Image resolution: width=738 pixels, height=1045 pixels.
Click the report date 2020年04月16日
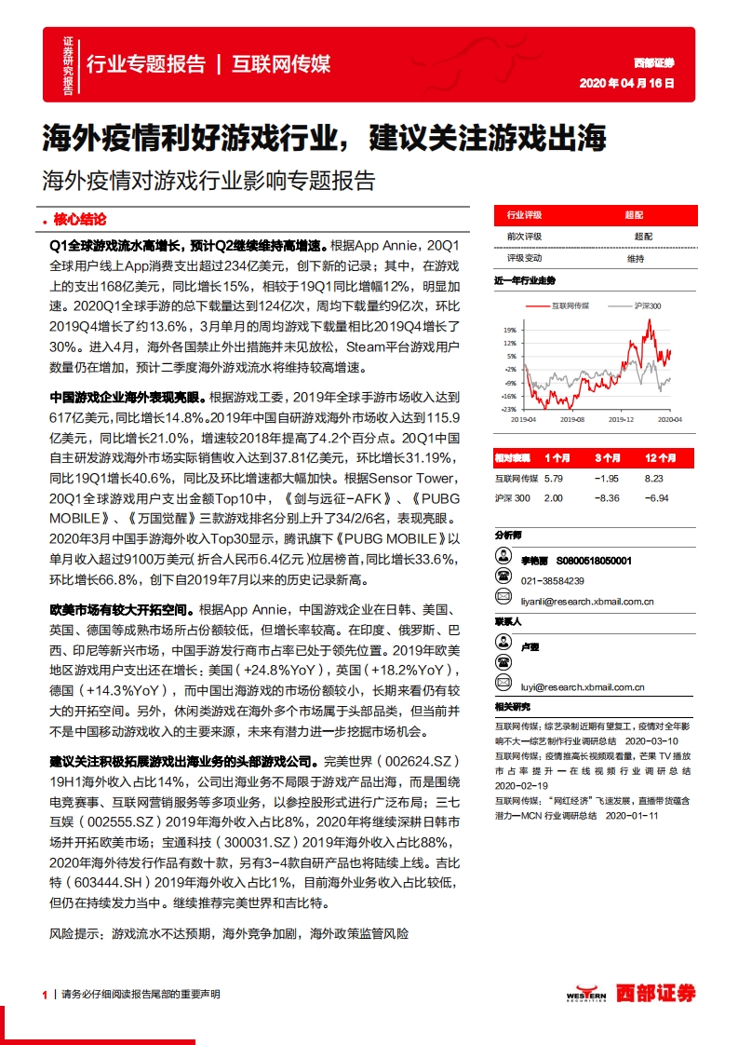[x=625, y=83]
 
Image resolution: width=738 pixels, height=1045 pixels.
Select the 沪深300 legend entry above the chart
[x=646, y=306]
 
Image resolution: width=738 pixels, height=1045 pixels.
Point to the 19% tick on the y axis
[x=510, y=330]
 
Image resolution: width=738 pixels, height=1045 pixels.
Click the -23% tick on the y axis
[x=508, y=409]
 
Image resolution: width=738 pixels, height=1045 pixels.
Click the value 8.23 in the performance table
[x=655, y=478]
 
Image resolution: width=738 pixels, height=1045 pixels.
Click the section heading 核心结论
[x=80, y=220]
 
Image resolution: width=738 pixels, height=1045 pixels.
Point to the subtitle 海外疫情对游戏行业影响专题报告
[x=208, y=180]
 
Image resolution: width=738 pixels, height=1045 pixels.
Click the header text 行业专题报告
[x=145, y=63]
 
